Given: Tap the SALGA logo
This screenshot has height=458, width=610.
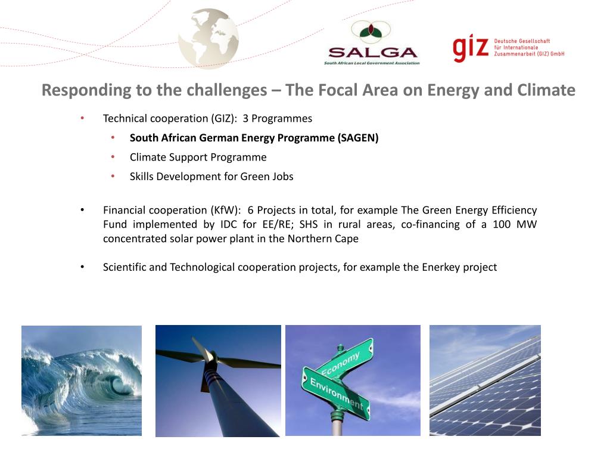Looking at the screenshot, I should [x=372, y=43].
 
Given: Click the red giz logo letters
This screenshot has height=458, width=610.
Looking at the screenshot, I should [x=471, y=48].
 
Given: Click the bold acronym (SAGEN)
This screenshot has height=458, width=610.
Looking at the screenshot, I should [x=358, y=138].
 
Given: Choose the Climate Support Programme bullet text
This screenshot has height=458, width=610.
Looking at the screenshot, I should [x=198, y=157].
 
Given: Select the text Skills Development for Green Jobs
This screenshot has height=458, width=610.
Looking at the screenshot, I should [x=211, y=177].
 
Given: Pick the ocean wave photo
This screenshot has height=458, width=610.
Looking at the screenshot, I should [x=82, y=380].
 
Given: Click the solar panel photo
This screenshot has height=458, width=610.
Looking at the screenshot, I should [x=485, y=380].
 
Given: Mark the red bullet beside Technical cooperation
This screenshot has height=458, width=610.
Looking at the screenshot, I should [x=83, y=119].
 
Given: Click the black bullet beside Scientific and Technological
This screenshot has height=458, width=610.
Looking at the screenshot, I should [x=83, y=267].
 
